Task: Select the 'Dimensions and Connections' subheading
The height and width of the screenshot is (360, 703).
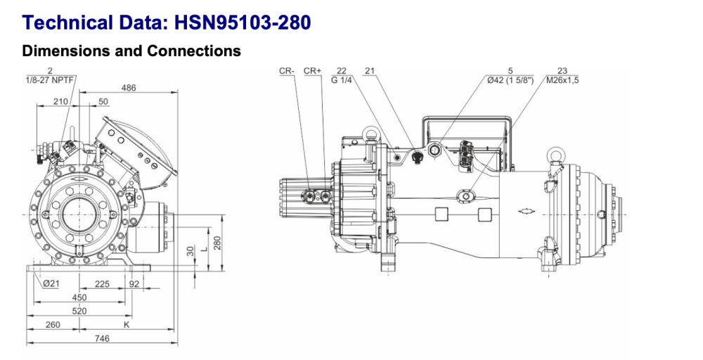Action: (131, 51)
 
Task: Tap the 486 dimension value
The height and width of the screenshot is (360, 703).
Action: (128, 88)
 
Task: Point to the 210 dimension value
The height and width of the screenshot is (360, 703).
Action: (61, 102)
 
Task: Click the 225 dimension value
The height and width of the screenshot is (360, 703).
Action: (103, 284)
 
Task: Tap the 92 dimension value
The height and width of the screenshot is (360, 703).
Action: (135, 284)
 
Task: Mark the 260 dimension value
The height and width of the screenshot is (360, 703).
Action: (52, 325)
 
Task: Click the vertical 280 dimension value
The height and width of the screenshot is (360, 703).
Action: (218, 243)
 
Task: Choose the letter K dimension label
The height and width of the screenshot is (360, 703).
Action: (127, 325)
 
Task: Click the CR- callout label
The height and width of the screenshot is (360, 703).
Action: (286, 71)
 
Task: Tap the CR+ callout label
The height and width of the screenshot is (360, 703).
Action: (312, 71)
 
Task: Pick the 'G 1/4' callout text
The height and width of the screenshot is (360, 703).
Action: (341, 79)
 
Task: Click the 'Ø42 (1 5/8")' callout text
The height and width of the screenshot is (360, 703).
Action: (511, 79)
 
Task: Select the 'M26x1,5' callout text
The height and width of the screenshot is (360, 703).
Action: (562, 79)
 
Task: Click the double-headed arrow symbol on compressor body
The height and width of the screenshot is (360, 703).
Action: (524, 211)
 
